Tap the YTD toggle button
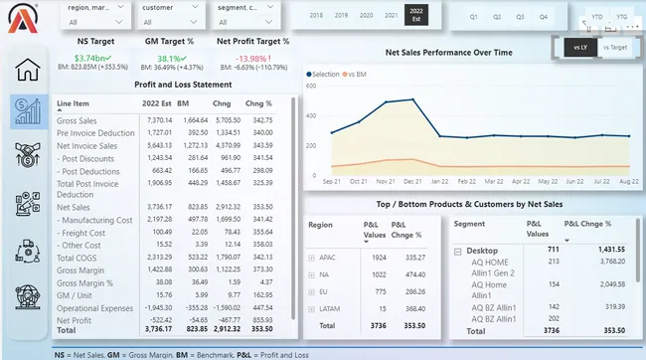[595, 17]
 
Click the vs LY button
[579, 47]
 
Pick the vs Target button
[615, 47]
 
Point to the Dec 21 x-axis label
[410, 182]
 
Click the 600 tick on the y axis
[311, 86]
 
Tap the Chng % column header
[258, 103]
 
